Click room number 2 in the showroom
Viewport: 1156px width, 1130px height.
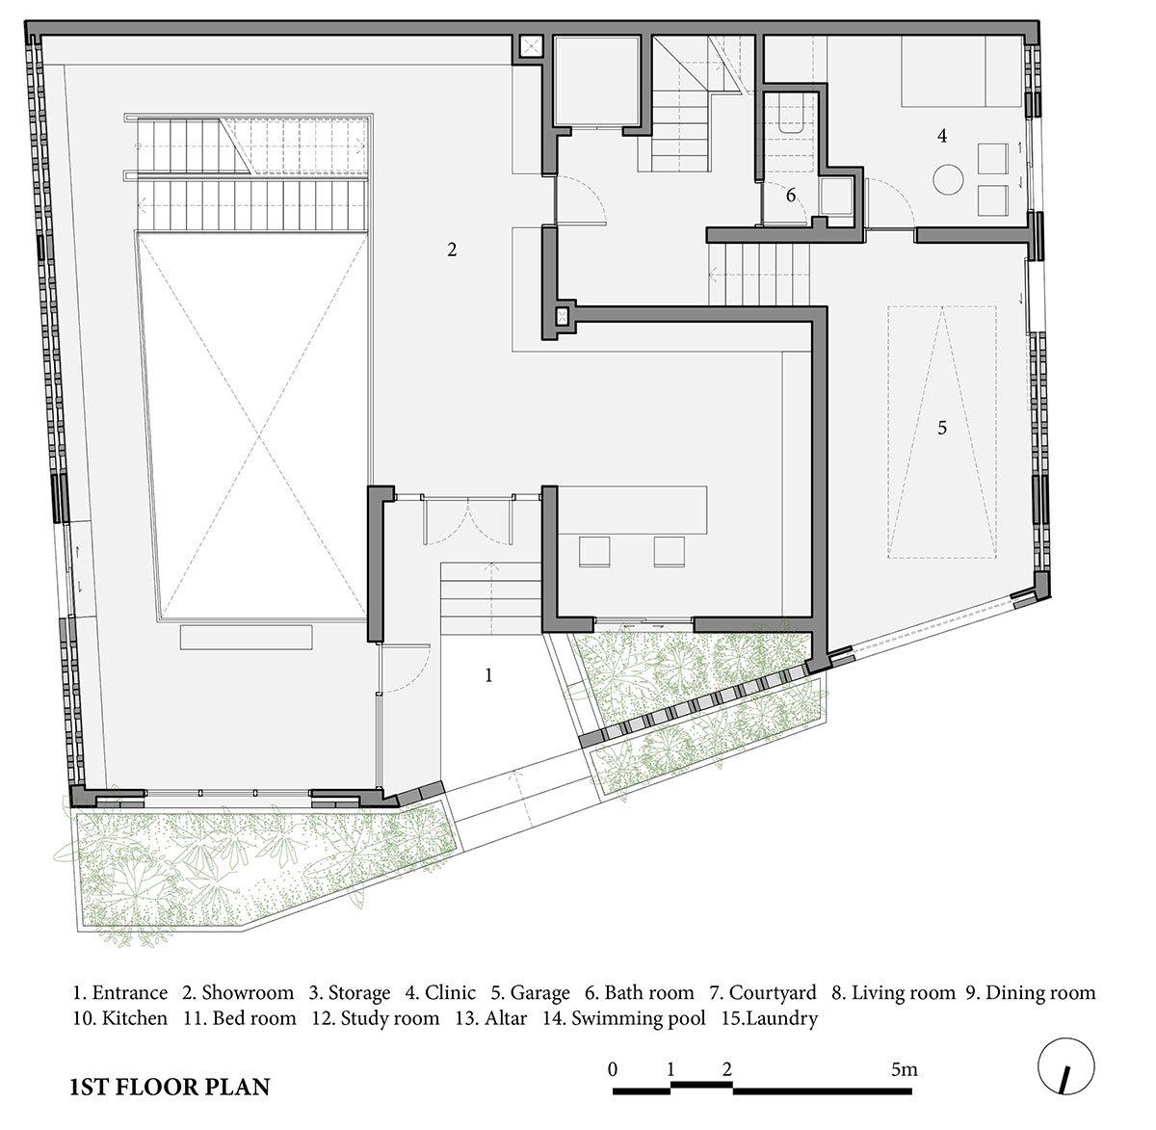coord(452,250)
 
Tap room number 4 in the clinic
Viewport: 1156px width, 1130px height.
coord(942,136)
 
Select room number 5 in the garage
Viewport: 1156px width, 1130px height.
coord(942,428)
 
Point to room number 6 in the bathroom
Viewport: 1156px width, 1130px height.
coord(791,195)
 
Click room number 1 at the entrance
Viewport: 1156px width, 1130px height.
coord(489,675)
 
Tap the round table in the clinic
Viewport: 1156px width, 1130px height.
coord(948,179)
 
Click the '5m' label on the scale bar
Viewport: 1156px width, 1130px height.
coord(905,1069)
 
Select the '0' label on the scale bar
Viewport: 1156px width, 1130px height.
coord(613,1069)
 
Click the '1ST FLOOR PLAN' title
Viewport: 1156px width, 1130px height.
coord(170,1087)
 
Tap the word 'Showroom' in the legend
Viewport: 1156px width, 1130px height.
coord(248,993)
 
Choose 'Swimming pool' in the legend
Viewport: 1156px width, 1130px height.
coord(638,1018)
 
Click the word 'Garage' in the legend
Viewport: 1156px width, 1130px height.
coord(540,993)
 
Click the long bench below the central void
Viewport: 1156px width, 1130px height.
coord(246,638)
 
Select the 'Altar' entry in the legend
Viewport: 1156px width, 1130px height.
coord(506,1018)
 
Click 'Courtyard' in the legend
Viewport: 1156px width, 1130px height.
coord(773,993)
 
